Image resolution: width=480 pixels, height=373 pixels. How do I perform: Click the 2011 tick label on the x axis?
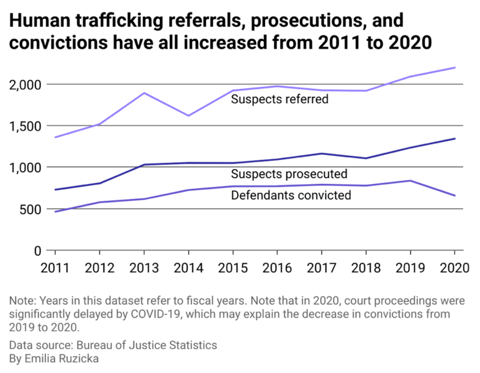click(x=55, y=269)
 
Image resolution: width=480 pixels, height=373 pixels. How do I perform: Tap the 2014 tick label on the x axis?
click(x=188, y=269)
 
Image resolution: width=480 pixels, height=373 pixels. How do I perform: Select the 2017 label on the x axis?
click(x=321, y=269)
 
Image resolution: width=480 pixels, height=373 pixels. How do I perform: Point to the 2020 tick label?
click(x=454, y=269)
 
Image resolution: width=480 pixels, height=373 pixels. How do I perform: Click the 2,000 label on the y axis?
click(x=25, y=85)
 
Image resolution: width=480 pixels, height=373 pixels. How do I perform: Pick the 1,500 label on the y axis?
click(x=25, y=126)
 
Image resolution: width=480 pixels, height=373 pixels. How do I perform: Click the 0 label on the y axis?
click(x=37, y=251)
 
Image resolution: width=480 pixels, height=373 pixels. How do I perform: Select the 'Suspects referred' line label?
click(x=279, y=99)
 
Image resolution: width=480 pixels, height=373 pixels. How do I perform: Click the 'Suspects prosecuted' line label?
click(x=289, y=174)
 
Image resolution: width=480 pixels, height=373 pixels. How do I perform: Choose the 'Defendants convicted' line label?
click(x=291, y=195)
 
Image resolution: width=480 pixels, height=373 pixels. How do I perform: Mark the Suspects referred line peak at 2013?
click(x=144, y=93)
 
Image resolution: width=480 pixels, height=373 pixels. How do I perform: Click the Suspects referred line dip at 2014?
click(x=188, y=116)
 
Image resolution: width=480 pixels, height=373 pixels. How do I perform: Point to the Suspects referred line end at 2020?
click(x=455, y=68)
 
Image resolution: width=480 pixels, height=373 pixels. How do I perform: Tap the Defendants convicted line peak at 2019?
click(x=410, y=181)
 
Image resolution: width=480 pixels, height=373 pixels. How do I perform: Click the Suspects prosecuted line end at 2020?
click(x=455, y=139)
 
